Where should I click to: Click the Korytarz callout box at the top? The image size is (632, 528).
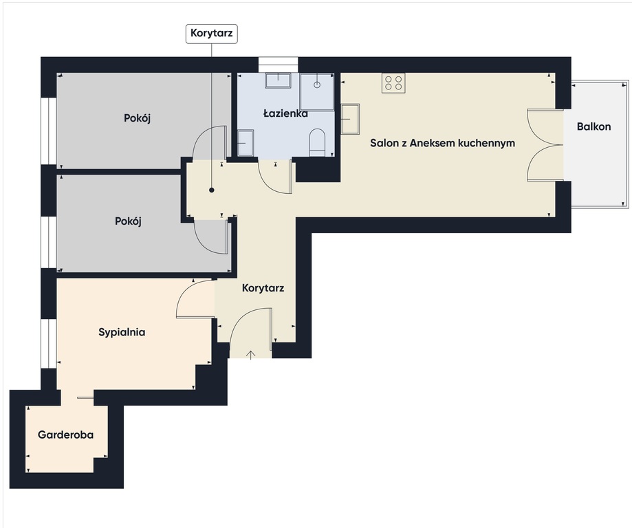(x=212, y=34)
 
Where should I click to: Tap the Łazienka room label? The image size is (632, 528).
(x=285, y=113)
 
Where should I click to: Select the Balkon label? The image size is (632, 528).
(x=593, y=126)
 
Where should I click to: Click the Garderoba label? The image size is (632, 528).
(x=66, y=434)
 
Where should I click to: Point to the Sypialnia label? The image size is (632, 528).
(x=122, y=333)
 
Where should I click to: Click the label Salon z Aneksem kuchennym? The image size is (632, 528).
(x=443, y=143)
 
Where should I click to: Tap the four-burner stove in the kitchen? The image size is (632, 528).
(x=393, y=83)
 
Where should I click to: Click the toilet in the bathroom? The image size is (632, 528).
(x=317, y=143)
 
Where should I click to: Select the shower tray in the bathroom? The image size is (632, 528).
(x=316, y=91)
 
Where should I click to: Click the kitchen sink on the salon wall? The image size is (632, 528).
(x=350, y=119)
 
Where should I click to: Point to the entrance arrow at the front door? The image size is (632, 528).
(x=251, y=355)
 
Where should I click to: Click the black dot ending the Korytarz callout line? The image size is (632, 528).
(x=212, y=190)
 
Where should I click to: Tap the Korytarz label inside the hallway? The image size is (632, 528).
(x=263, y=288)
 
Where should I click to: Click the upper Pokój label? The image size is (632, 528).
(x=137, y=118)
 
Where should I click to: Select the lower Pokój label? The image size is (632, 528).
(x=128, y=221)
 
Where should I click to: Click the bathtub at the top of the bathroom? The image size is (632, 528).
(x=278, y=80)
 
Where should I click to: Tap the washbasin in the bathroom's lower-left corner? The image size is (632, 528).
(x=246, y=143)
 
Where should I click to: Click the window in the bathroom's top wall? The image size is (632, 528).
(x=278, y=65)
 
